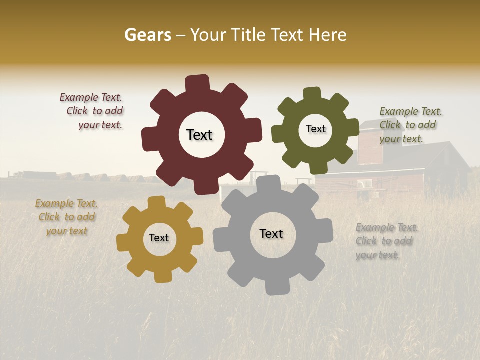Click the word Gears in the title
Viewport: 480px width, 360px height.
pos(147,35)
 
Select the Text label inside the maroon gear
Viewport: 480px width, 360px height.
pos(199,135)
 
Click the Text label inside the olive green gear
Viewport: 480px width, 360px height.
pos(315,129)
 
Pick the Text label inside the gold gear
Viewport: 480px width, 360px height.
pos(159,238)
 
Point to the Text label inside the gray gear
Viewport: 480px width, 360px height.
pos(271,233)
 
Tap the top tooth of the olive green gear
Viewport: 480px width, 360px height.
pos(312,94)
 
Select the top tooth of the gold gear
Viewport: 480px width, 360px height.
pos(156,202)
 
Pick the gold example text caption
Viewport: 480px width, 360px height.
pos(66,217)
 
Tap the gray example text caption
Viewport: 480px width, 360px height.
pos(386,241)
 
